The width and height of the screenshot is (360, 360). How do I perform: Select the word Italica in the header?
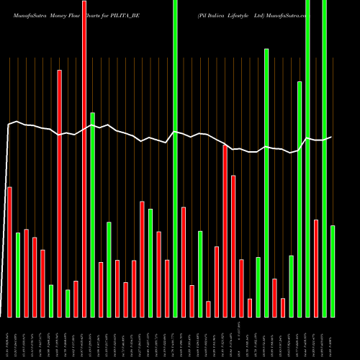point(219,14)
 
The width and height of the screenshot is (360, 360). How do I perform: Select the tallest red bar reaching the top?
point(84,158)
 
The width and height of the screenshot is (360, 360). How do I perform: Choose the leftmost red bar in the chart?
point(9,252)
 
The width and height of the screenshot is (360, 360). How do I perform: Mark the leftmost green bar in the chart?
point(18,274)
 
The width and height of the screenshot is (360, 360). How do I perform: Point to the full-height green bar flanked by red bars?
point(175,158)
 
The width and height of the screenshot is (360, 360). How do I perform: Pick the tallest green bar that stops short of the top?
point(266,183)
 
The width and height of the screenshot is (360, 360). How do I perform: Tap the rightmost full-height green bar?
point(324,158)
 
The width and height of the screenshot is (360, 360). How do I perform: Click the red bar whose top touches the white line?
point(225,230)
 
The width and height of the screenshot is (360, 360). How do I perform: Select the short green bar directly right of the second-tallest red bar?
point(68,303)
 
